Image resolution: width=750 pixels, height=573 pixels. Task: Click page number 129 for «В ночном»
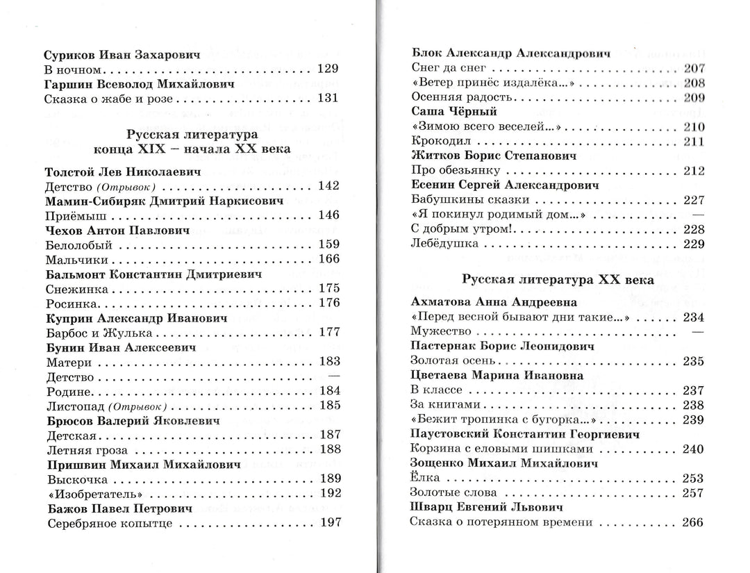click(x=327, y=69)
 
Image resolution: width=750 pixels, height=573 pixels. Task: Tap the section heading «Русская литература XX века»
click(x=558, y=280)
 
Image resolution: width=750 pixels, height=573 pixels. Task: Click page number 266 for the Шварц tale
click(x=693, y=522)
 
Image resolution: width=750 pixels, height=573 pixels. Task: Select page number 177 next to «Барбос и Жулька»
click(x=328, y=332)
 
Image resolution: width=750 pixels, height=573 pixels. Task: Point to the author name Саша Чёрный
click(x=453, y=112)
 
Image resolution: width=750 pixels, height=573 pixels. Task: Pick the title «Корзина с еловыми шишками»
click(x=487, y=449)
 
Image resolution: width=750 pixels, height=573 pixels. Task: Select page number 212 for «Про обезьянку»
click(x=693, y=171)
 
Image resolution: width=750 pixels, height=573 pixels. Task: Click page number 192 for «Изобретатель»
click(x=328, y=493)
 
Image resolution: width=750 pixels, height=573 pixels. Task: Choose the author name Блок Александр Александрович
click(x=510, y=53)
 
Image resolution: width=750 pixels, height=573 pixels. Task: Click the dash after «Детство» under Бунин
click(x=333, y=376)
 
